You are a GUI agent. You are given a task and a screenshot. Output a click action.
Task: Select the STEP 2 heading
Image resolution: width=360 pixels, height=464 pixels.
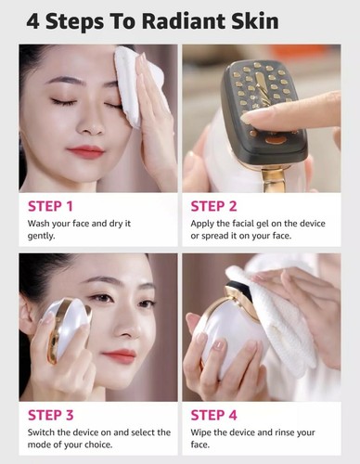click(215, 206)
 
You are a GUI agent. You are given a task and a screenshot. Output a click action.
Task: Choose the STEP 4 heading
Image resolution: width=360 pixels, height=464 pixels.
click(215, 415)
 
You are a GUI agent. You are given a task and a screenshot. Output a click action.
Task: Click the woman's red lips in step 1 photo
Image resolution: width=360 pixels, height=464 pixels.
click(84, 151)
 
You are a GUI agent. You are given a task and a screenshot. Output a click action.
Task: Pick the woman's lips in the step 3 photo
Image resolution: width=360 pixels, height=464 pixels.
click(120, 354)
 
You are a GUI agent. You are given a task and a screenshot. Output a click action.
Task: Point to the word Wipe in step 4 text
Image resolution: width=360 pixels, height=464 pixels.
click(204, 432)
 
